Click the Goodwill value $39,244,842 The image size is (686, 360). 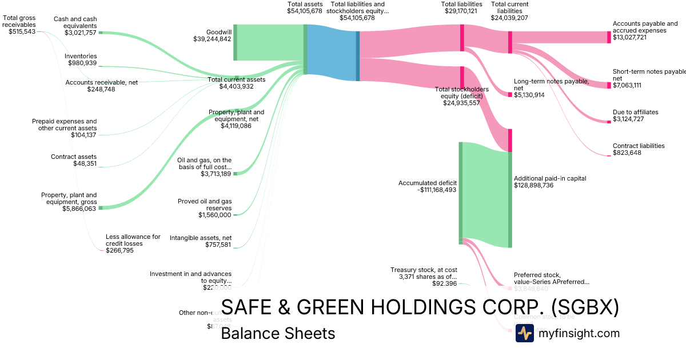pyautogui.click(x=212, y=39)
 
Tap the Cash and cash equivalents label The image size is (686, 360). pyautogui.click(x=75, y=22)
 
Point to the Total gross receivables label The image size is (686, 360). pyautogui.click(x=19, y=25)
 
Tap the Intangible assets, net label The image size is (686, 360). pyautogui.click(x=201, y=241)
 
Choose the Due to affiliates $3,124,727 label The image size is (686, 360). pyautogui.click(x=635, y=115)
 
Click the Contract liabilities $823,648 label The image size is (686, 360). pyautogui.click(x=639, y=149)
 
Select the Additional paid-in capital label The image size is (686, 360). pyautogui.click(x=549, y=182)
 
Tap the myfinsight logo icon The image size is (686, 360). pyautogui.click(x=524, y=333)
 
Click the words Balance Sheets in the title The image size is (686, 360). pyautogui.click(x=278, y=333)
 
